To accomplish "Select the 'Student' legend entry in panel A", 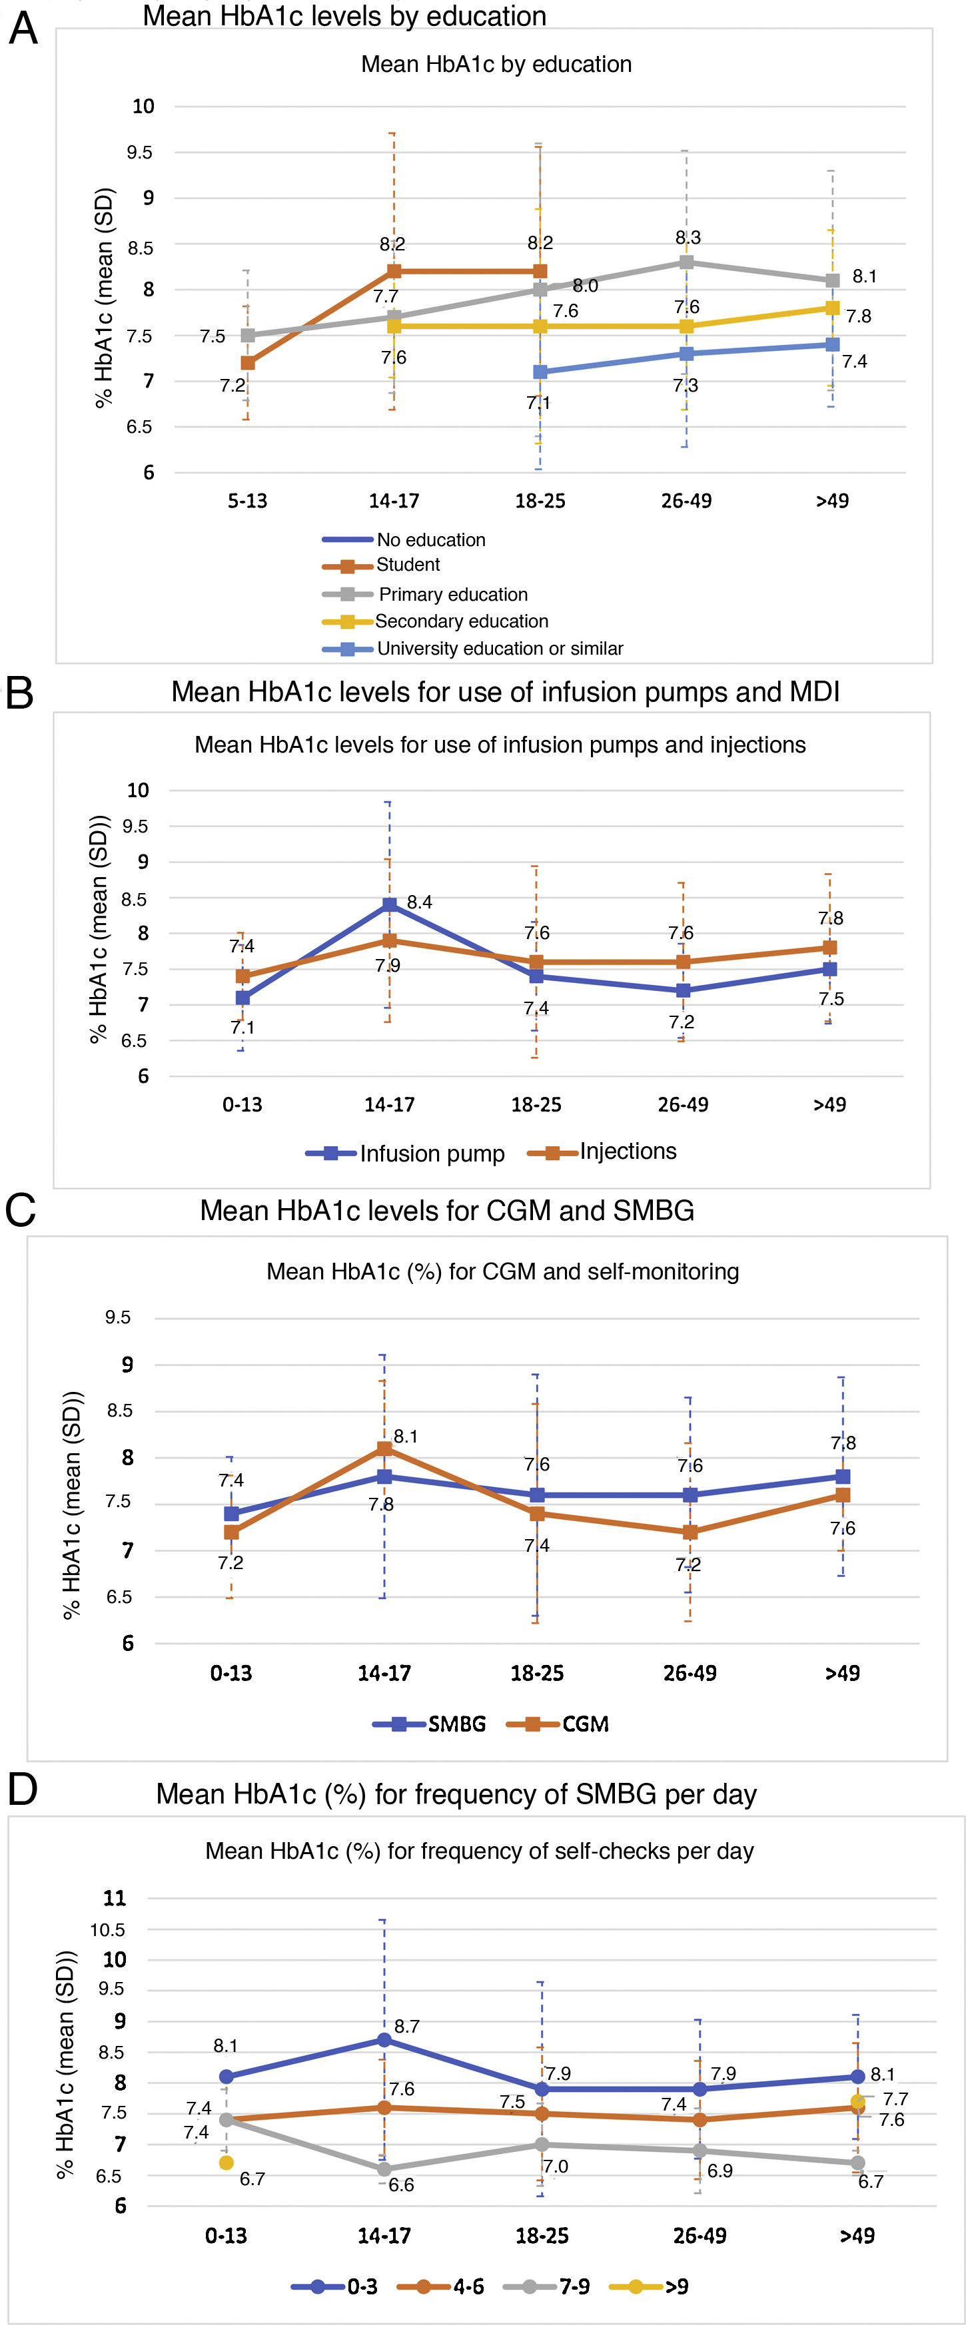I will (x=407, y=565).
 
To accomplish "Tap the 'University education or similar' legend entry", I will (x=499, y=648).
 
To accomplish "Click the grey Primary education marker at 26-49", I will (x=686, y=262).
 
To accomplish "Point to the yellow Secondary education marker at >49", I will (x=831, y=308).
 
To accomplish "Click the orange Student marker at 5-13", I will (x=247, y=363).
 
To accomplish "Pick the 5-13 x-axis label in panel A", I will (x=247, y=501).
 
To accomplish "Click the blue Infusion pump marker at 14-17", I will (x=389, y=904).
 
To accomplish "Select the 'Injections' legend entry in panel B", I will (x=628, y=1152).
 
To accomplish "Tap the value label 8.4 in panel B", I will (x=419, y=902).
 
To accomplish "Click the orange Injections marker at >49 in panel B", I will (x=829, y=948).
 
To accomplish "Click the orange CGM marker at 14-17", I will (x=384, y=1449).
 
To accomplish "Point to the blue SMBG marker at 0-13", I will (x=231, y=1514).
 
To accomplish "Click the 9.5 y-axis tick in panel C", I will (x=117, y=1318).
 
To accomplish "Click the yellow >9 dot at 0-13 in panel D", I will (x=226, y=2162).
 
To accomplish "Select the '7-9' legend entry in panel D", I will (x=574, y=2286).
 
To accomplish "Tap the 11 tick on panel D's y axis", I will (x=115, y=1897).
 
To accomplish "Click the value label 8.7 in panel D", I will (x=407, y=2026).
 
